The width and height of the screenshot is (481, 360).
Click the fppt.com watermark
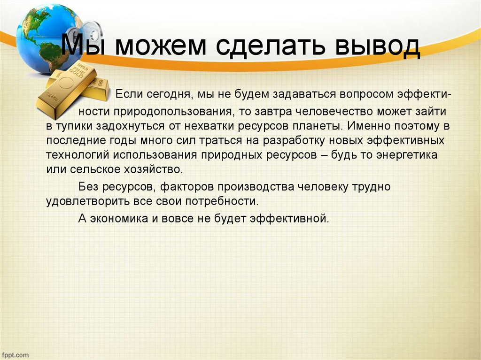pos(15,355)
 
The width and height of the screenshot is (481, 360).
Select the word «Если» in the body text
pos(127,94)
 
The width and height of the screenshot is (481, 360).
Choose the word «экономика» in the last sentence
pos(118,219)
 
